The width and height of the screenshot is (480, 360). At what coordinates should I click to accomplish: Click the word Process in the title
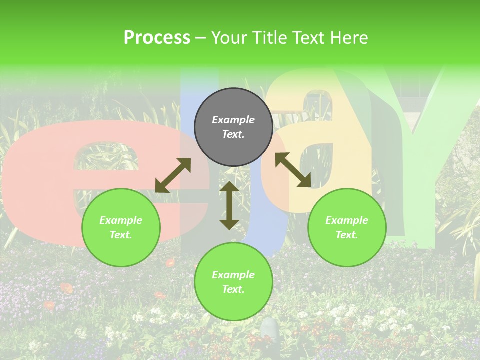pos(157,38)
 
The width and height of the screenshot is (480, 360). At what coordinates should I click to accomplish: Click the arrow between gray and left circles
pos(173,175)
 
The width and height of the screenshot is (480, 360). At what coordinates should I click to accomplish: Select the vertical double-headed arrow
pos(229,205)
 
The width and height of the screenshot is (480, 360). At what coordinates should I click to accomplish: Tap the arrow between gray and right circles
pos(293,170)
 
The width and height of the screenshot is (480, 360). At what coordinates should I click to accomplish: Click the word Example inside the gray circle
pos(233,120)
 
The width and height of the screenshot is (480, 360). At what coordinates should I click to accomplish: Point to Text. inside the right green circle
pos(347,235)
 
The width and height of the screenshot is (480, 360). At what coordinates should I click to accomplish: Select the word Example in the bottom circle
pos(233,275)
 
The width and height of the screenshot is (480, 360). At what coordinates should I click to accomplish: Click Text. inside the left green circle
pos(121,235)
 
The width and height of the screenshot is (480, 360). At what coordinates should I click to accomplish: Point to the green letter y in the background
pos(425,150)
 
